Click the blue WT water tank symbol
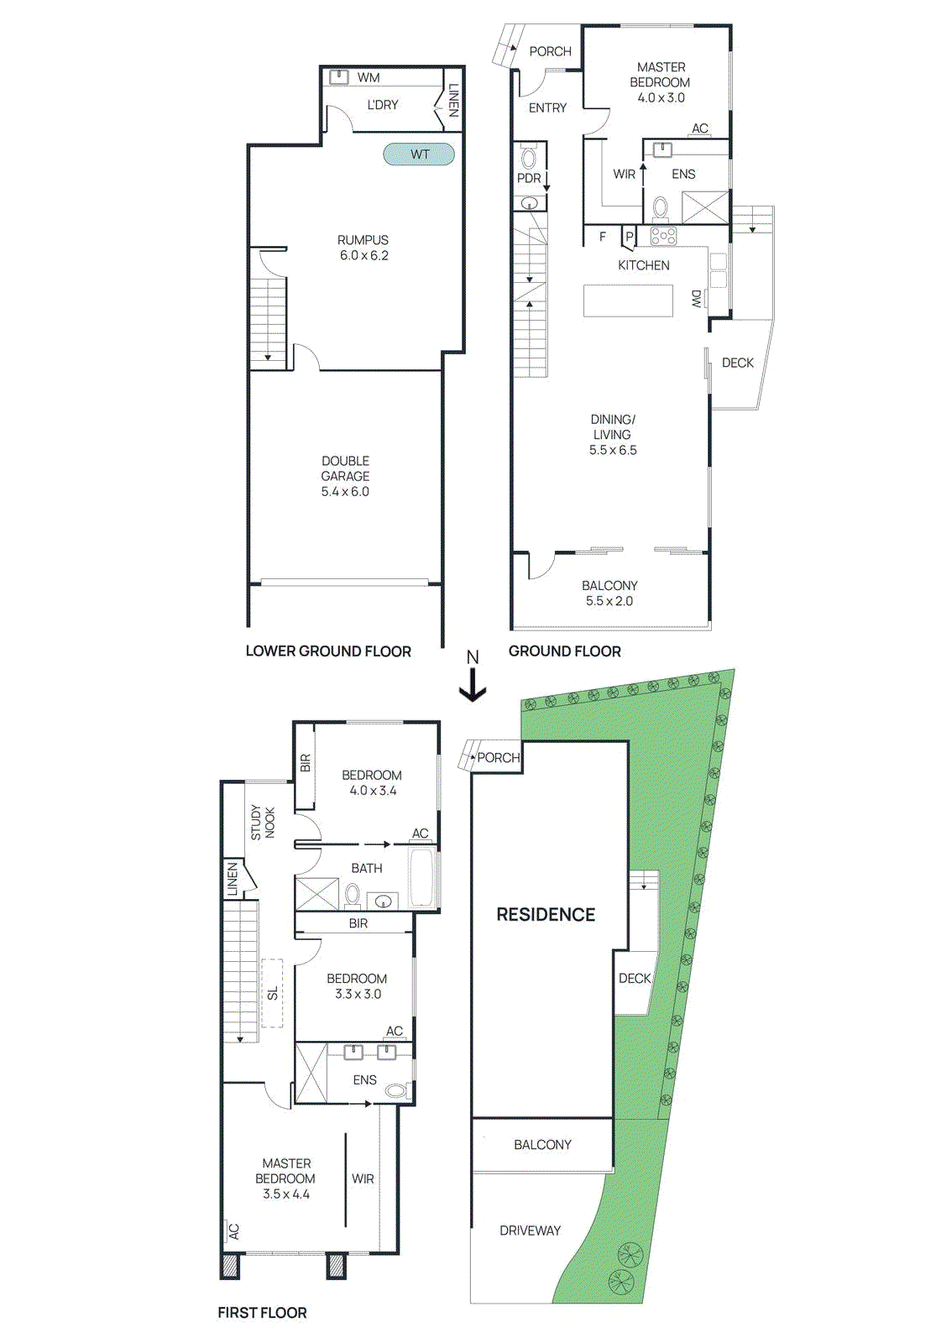[419, 154]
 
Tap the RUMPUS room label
[363, 240]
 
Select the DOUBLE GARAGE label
[345, 468]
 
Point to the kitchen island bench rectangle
[628, 300]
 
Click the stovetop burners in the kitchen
[663, 237]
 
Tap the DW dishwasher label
[696, 298]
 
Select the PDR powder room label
[528, 178]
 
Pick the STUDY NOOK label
[263, 823]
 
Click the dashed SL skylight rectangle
[272, 993]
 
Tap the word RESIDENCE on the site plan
[546, 915]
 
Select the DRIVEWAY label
[530, 1231]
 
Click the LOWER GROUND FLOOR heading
[328, 651]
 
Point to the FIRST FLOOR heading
[262, 1313]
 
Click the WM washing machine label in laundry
[369, 77]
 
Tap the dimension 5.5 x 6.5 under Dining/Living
[613, 450]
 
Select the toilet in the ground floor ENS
[661, 207]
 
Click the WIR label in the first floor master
[363, 1178]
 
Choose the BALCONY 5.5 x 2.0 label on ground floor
[609, 593]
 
